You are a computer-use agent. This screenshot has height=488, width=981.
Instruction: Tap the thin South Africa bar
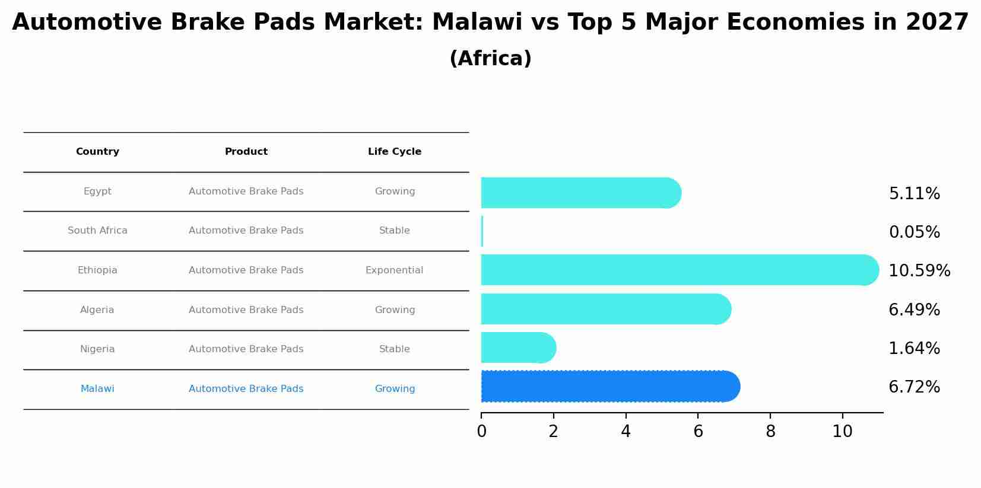tap(482, 231)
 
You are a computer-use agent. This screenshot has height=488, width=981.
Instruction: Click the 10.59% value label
tap(919, 271)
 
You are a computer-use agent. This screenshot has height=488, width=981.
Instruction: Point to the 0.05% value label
tap(914, 232)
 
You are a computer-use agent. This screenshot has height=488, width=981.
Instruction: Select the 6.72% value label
tap(914, 387)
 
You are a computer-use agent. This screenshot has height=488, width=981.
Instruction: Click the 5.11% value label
tap(914, 194)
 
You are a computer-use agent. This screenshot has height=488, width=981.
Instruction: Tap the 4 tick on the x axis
tap(626, 432)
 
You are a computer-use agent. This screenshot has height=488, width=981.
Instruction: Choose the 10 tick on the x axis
tap(842, 432)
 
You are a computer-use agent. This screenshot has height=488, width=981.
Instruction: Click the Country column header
tap(97, 152)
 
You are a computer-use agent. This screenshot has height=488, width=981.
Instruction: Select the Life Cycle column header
tap(395, 152)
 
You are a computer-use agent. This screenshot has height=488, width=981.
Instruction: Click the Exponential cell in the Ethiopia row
tap(395, 270)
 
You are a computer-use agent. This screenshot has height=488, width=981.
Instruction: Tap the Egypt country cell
tap(97, 192)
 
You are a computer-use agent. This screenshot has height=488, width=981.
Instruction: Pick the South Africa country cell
tap(97, 231)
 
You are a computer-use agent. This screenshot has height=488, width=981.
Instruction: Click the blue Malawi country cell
tap(97, 389)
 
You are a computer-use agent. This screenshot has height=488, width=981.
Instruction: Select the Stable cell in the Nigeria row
tap(395, 349)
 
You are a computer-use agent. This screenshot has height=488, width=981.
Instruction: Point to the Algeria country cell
tap(97, 310)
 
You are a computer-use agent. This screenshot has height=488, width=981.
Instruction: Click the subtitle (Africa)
tap(490, 59)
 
